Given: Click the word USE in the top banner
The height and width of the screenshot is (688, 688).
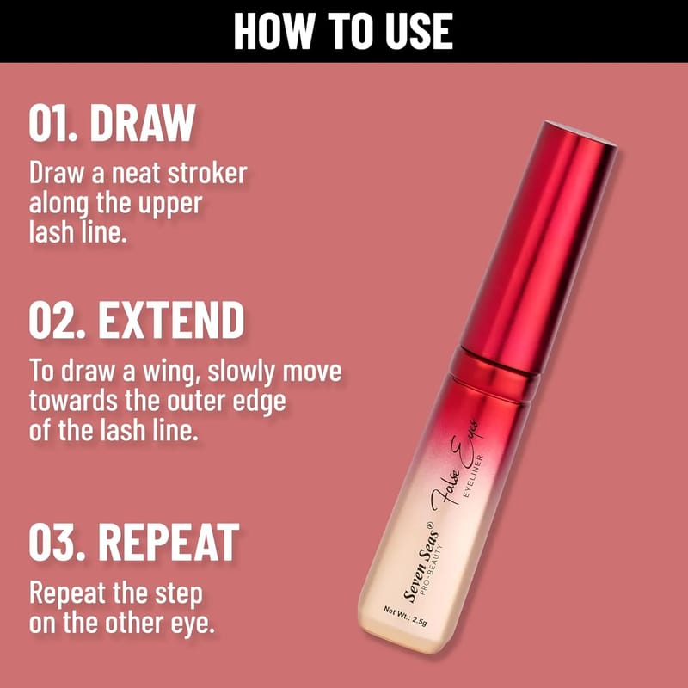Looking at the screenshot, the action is [419, 31].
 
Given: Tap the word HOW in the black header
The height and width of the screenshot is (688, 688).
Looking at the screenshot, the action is [274, 31].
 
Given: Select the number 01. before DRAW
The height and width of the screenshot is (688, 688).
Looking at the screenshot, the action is [53, 123].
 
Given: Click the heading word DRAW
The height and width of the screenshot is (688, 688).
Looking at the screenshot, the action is [142, 123].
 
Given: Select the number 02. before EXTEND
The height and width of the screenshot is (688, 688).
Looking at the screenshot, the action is [57, 320].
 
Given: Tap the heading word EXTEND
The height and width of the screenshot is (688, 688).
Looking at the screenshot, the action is [171, 320].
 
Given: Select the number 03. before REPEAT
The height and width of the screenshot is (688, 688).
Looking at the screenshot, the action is [57, 543].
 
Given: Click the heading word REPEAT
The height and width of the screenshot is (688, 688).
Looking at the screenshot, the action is [169, 543].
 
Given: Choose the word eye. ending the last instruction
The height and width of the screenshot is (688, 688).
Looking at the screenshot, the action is [193, 623].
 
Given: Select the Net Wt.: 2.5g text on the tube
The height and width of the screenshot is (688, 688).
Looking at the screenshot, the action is [405, 616].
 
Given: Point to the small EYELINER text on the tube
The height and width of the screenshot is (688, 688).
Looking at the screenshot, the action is [474, 476].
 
